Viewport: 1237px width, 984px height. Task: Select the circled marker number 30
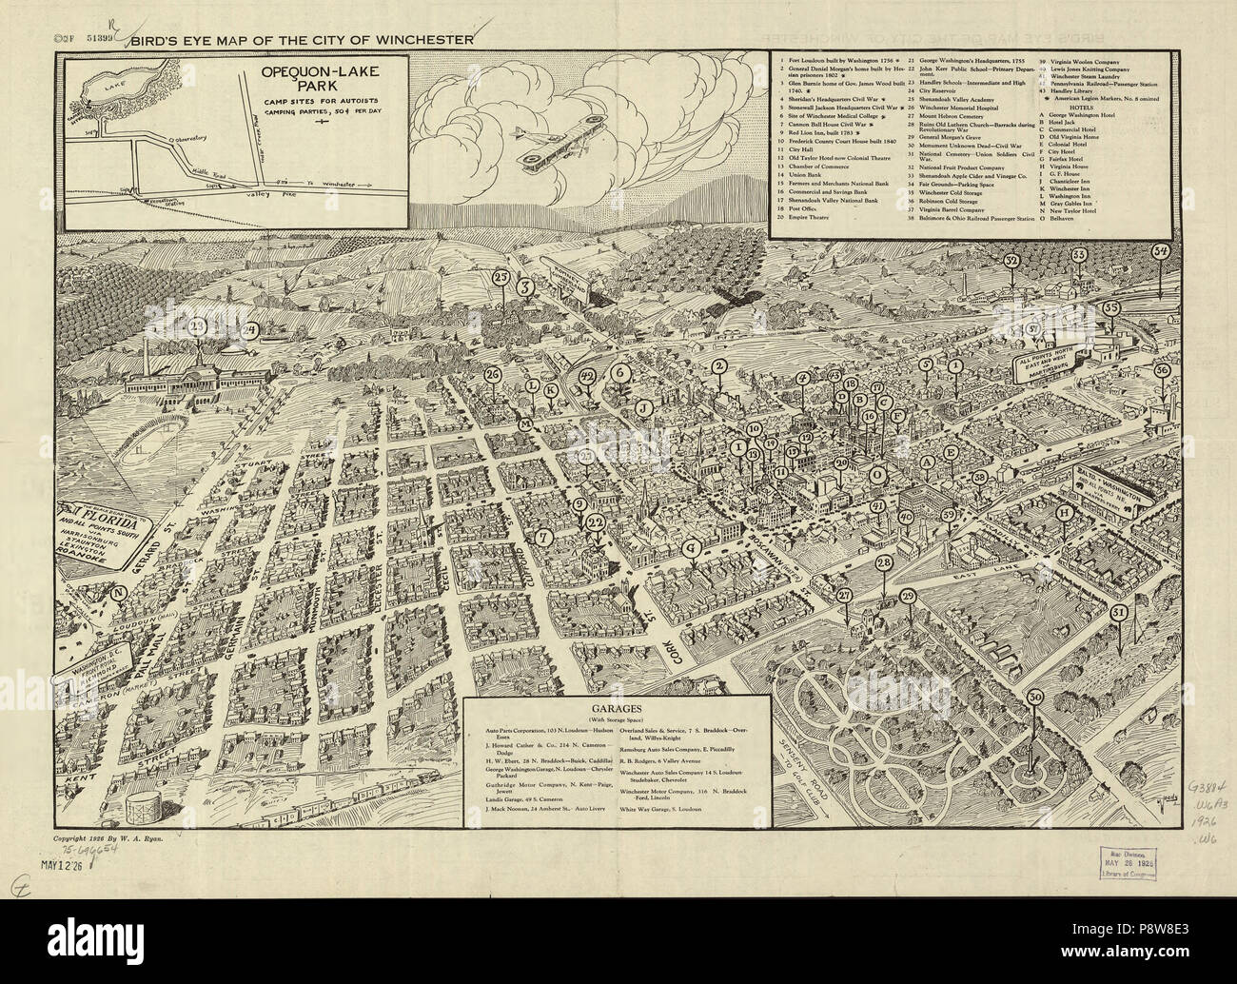(1034, 697)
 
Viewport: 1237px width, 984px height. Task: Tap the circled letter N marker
(119, 591)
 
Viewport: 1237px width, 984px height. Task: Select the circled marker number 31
(1119, 612)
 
